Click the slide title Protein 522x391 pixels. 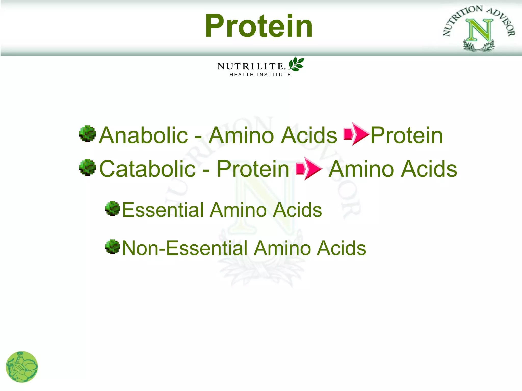(x=259, y=26)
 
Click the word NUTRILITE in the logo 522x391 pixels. (x=250, y=66)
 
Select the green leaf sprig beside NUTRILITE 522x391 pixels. (x=296, y=64)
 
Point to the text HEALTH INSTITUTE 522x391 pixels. (x=260, y=75)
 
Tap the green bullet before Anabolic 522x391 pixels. (x=87, y=134)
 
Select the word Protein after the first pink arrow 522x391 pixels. (x=407, y=135)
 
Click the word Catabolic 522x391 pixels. (x=147, y=169)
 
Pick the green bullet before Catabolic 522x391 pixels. (x=87, y=167)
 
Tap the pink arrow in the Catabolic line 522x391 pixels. (x=309, y=168)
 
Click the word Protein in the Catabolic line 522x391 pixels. (x=253, y=169)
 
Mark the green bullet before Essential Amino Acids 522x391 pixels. (x=112, y=208)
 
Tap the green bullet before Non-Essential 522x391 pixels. (x=112, y=247)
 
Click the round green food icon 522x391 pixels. (x=22, y=367)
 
